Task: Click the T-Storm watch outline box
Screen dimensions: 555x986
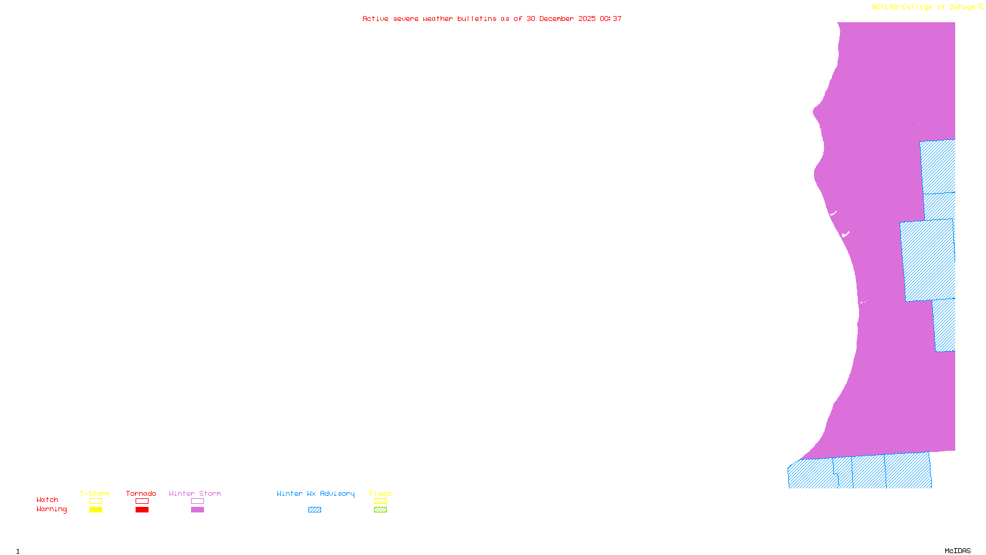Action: [96, 501]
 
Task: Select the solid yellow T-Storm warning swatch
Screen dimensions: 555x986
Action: [96, 510]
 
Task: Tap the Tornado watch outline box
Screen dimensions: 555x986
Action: [142, 501]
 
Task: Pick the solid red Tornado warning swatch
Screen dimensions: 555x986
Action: [142, 510]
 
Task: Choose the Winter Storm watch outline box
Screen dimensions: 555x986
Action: [197, 501]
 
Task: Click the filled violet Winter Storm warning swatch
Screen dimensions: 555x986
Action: [197, 510]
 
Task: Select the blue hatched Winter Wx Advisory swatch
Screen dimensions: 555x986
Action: [314, 510]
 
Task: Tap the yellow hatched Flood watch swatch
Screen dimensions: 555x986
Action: [380, 501]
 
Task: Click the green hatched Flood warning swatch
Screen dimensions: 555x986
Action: [380, 510]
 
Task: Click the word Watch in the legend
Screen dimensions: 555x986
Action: [47, 500]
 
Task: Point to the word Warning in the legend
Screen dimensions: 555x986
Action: [51, 509]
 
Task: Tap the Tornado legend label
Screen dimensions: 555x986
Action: [141, 493]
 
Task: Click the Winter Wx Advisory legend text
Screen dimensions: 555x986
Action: [316, 493]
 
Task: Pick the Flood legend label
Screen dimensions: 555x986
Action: [380, 493]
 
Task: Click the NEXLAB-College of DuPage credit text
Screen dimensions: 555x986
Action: [924, 7]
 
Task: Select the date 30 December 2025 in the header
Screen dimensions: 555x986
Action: [561, 19]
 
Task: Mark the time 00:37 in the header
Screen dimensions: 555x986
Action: [611, 19]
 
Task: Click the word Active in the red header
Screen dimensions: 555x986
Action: [375, 19]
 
